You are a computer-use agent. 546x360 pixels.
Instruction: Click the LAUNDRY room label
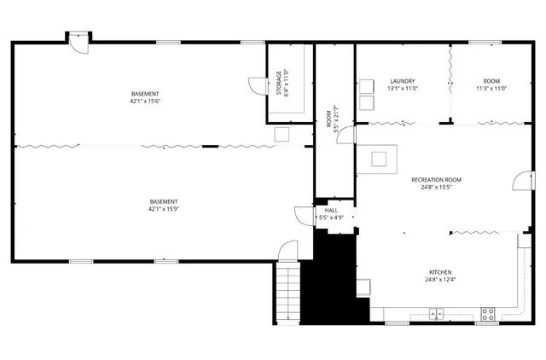pos(402,81)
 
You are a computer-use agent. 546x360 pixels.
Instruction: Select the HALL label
pos(330,210)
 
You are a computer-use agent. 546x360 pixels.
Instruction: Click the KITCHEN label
pos(440,272)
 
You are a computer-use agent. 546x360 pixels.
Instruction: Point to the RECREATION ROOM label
pos(436,180)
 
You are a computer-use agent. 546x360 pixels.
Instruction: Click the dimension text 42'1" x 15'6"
pos(145,102)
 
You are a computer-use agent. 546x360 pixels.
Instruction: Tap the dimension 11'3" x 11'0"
pos(491,89)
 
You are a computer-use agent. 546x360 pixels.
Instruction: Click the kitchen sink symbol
pos(436,312)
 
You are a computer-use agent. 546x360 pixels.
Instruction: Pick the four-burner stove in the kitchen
pos(488,312)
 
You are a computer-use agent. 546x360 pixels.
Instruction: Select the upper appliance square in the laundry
pos(367,86)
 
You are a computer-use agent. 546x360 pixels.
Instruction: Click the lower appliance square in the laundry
pos(367,102)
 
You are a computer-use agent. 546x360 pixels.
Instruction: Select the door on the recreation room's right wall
pos(518,180)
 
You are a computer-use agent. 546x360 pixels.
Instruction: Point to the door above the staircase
pos(287,251)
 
